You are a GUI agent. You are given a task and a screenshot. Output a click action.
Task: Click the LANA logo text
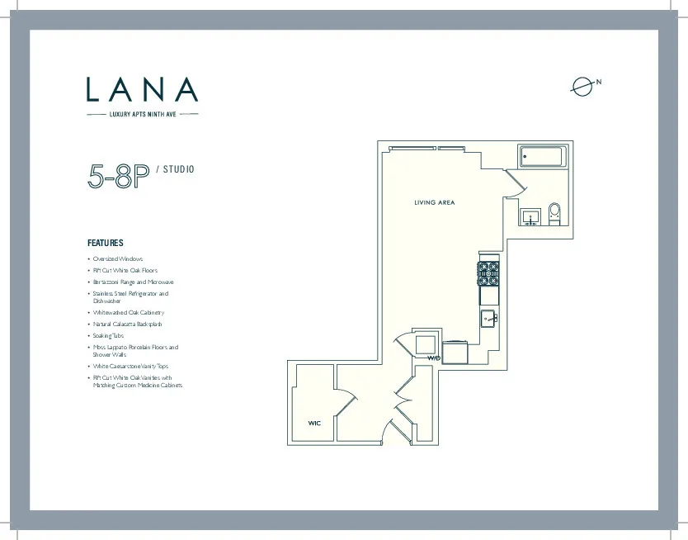[143, 90]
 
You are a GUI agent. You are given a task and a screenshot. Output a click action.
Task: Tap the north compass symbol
[582, 85]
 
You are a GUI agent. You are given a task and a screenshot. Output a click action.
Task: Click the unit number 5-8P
[119, 177]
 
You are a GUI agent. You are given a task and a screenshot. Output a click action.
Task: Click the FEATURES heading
[106, 244]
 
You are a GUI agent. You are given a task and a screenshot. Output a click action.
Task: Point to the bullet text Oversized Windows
[117, 259]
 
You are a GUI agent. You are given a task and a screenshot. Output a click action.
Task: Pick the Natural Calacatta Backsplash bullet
[128, 324]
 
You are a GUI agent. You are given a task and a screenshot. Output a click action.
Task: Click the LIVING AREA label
[434, 202]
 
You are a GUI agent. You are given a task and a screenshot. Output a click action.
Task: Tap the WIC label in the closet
[314, 424]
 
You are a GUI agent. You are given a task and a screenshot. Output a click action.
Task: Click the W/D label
[434, 358]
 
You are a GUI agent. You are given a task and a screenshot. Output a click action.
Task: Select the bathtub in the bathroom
[542, 156]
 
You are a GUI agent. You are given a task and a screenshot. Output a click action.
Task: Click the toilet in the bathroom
[554, 214]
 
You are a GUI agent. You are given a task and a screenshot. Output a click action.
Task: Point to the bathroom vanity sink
[530, 216]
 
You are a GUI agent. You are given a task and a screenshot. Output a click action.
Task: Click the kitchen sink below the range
[489, 318]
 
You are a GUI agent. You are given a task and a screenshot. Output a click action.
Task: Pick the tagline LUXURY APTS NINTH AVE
[143, 114]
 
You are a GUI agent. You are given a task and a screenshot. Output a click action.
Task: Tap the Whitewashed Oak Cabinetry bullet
[128, 313]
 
